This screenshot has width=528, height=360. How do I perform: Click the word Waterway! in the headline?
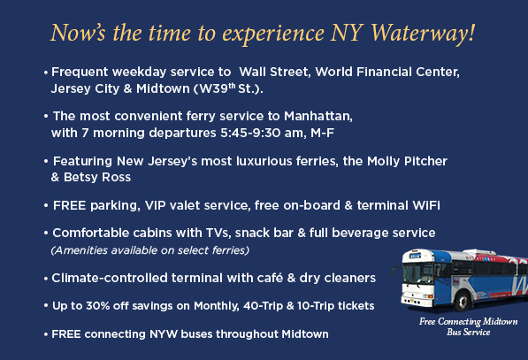423,34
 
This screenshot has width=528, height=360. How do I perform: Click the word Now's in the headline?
78,33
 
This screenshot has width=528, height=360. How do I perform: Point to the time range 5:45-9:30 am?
263,133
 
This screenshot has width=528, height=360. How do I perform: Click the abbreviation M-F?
322,133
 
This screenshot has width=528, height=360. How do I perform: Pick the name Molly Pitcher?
407,161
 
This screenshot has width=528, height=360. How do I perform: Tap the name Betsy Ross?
97,177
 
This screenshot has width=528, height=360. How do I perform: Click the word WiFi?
426,205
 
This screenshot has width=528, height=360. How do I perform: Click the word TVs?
218,233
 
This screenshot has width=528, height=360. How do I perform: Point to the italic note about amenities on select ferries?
149,250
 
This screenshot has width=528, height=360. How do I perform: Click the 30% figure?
97,306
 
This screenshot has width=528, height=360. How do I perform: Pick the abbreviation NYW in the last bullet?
164,334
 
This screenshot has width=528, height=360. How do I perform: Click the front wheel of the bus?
462,301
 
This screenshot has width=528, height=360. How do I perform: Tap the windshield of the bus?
417,272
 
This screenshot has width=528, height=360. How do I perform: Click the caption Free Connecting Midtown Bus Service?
468,326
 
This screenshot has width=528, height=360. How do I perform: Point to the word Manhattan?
318,116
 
